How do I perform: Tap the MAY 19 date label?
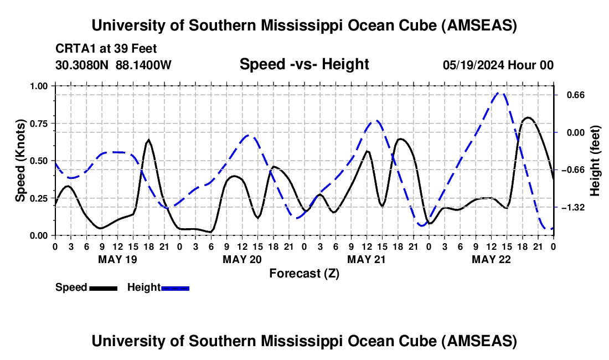click(x=118, y=259)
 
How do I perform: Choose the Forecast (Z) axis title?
click(x=304, y=273)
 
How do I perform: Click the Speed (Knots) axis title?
click(x=20, y=161)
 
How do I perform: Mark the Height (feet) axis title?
click(x=596, y=161)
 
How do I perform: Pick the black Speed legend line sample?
click(x=103, y=287)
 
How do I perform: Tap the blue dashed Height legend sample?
click(x=176, y=287)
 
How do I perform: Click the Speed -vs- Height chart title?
click(x=304, y=64)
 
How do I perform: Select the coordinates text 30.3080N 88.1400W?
click(x=113, y=65)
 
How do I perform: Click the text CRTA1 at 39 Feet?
click(x=106, y=49)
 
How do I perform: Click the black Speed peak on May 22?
click(x=528, y=117)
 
